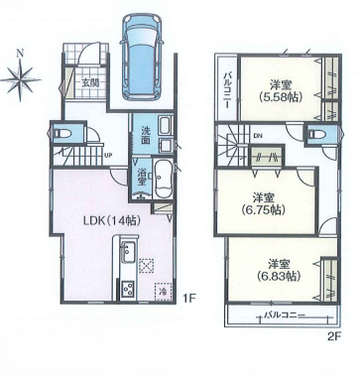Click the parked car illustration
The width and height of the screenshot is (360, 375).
pos(143,58)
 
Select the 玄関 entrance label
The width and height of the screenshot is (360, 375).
pos(90,82)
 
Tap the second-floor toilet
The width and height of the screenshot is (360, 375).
pos(314,135)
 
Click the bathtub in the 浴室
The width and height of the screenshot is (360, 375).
pos(163,179)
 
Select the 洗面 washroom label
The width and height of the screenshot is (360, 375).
pos(146,135)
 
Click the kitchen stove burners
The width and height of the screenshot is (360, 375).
pos(128,289)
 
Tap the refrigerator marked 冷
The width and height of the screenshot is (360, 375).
pos(163,292)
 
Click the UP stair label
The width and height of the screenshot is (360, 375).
pos(108,154)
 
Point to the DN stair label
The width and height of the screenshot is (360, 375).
pos(258,135)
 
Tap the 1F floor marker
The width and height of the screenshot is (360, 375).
pos(190,299)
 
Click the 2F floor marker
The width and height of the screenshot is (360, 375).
pos(334,336)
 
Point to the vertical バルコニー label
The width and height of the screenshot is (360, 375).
pos(227,90)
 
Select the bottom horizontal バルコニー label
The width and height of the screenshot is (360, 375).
pos(284,315)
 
